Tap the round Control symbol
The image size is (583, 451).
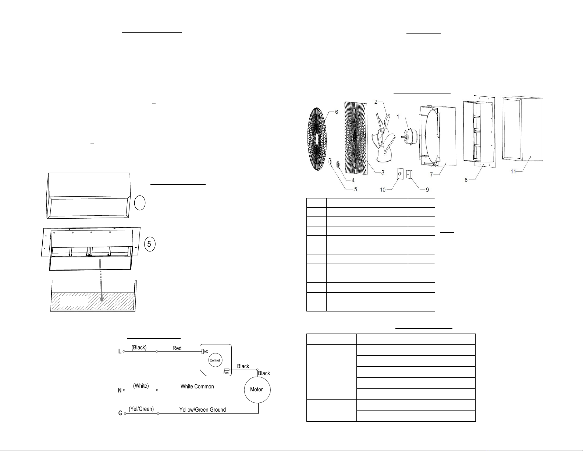coord(215,360)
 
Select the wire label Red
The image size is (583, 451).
coord(177,348)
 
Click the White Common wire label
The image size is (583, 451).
coord(197,387)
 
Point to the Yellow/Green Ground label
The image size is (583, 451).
coord(203,410)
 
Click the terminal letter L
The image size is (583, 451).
coord(120,351)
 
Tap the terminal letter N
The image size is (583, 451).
coord(120,390)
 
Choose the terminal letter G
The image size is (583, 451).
coord(120,413)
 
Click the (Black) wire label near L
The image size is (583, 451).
coord(139,348)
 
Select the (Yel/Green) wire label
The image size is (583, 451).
coord(141,409)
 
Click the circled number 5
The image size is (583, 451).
coord(150,244)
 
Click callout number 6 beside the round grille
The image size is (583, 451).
coord(337,112)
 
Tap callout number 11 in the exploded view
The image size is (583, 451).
coord(513,171)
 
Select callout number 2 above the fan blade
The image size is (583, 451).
coord(376,102)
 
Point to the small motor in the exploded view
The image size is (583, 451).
coord(410,136)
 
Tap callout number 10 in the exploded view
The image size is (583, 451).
coord(383,190)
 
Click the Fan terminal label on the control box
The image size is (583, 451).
coord(226,373)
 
